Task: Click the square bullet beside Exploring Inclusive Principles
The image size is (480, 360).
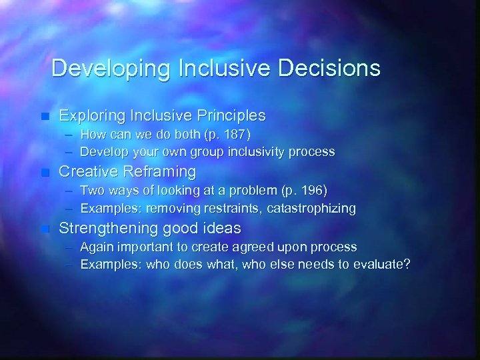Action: point(45,116)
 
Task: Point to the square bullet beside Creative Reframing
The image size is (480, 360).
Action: point(45,173)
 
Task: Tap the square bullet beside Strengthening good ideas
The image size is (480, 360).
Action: point(45,229)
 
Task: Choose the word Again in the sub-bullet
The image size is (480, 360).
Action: point(97,247)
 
